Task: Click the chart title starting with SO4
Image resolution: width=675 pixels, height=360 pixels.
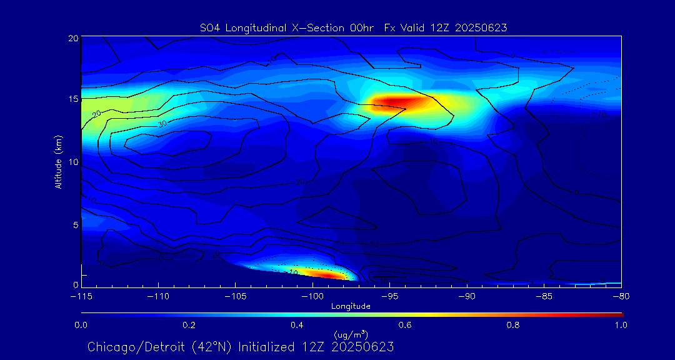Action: pos(352,27)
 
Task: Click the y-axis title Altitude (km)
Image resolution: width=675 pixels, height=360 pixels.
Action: pos(59,162)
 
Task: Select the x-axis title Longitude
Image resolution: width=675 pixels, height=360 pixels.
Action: pos(351,306)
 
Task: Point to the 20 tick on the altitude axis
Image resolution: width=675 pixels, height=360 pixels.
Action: pos(72,38)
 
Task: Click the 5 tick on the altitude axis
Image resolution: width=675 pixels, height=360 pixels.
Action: pos(75,224)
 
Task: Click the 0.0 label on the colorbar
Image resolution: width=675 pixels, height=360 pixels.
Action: pos(81,325)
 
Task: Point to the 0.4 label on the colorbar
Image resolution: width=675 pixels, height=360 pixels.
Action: pos(297,325)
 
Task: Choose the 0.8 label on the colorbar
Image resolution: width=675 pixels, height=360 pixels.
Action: pos(514,325)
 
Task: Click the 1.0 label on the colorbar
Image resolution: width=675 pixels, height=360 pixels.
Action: pos(621,325)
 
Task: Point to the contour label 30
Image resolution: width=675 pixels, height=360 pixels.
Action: pos(162,124)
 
